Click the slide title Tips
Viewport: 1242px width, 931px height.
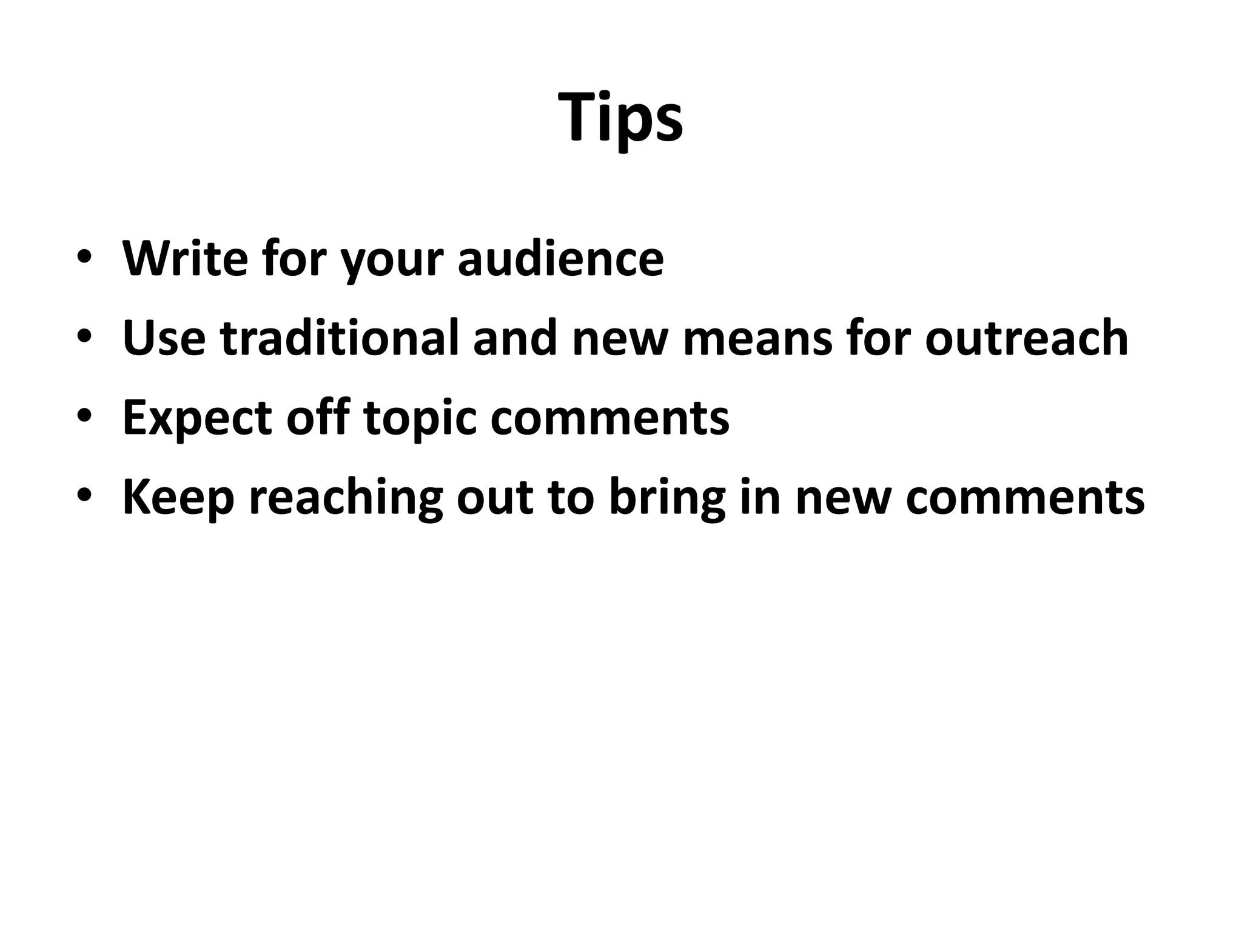[x=621, y=118]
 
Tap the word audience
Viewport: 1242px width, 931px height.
[x=560, y=259]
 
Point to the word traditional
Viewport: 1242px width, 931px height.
[x=339, y=338]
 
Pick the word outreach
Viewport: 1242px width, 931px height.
[x=1026, y=338]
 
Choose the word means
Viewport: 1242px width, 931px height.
[x=757, y=339]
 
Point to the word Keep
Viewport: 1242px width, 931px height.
[x=178, y=498]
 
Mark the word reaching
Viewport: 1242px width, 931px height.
[x=346, y=499]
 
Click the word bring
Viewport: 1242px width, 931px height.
[x=667, y=499]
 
